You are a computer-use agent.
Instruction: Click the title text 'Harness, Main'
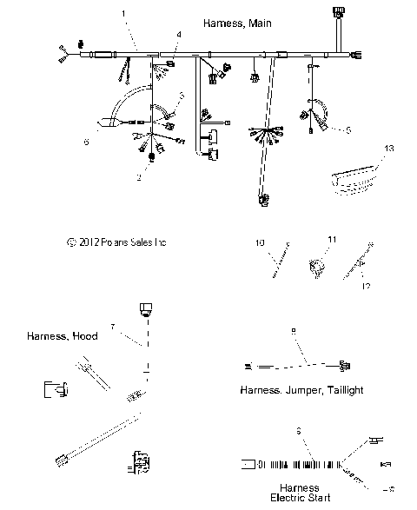click(x=237, y=23)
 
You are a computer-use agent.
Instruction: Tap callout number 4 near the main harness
click(x=178, y=34)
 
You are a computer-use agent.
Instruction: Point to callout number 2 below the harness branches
click(x=138, y=177)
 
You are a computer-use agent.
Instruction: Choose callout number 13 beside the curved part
click(x=389, y=149)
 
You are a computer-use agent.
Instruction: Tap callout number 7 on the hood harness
click(x=112, y=326)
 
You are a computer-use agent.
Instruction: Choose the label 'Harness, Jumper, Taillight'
click(x=301, y=390)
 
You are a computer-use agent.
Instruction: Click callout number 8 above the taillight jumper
click(x=294, y=331)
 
